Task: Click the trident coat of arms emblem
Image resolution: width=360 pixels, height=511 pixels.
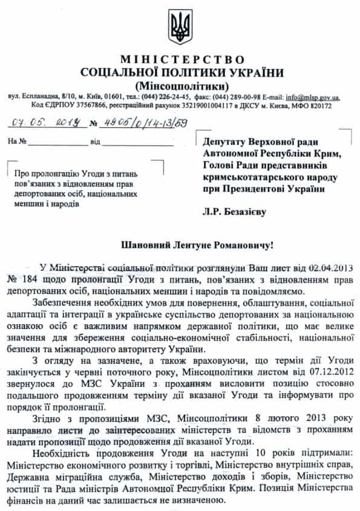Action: pyautogui.click(x=180, y=28)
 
